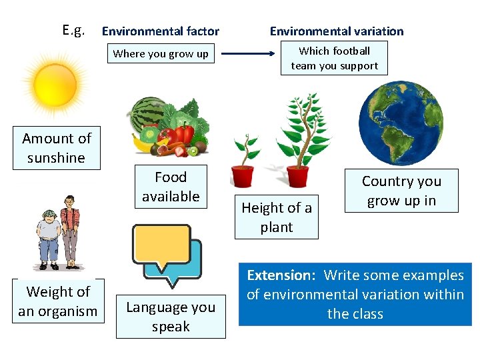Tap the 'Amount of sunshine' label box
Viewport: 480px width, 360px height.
click(x=57, y=148)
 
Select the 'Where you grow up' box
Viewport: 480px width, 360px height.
click(x=161, y=54)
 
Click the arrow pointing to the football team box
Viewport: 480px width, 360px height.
click(x=249, y=53)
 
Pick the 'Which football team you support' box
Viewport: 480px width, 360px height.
click(x=334, y=58)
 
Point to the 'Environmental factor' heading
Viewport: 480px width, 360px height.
click(x=160, y=31)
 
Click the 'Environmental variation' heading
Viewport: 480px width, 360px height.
click(x=336, y=31)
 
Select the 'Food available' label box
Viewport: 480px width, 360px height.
click(x=171, y=187)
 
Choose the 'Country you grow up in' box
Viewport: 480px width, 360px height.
click(x=401, y=191)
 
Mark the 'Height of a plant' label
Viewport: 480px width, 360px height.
click(x=277, y=217)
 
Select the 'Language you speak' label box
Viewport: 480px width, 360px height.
click(x=171, y=317)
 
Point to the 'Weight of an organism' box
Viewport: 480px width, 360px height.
click(x=58, y=301)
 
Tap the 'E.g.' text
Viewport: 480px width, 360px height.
click(x=73, y=30)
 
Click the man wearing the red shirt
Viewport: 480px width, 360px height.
click(x=69, y=230)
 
